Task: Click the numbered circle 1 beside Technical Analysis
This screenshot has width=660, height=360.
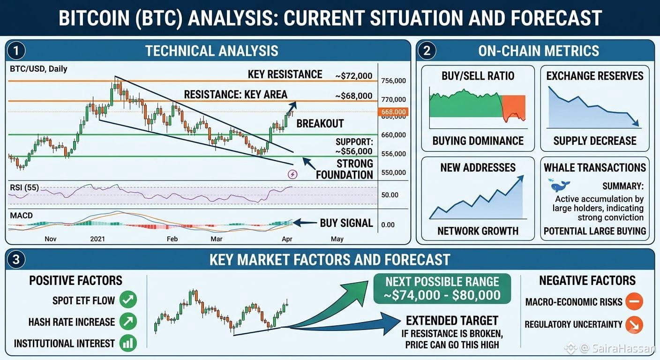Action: (16, 51)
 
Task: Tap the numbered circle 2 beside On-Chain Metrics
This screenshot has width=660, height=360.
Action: (427, 51)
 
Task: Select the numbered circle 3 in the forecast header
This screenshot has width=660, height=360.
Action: (16, 260)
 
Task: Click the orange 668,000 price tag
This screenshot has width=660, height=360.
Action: (393, 112)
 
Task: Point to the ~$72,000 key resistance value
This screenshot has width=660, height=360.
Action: (353, 76)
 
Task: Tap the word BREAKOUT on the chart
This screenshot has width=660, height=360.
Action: (320, 123)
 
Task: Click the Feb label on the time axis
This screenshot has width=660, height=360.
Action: (172, 239)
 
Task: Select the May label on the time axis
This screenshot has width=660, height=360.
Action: (337, 239)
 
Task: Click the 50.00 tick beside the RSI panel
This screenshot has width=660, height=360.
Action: (390, 195)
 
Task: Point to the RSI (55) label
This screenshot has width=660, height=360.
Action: (24, 187)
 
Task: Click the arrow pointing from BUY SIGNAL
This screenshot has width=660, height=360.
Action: (304, 223)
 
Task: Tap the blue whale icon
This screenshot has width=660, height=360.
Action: (560, 186)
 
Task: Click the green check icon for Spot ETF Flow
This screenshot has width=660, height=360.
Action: (128, 300)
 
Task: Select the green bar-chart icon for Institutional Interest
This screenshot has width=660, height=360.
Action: (128, 343)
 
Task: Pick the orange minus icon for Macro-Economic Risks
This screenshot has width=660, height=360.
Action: (634, 301)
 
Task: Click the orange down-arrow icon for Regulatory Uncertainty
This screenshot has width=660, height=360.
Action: (634, 325)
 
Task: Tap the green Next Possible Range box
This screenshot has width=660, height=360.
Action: (442, 289)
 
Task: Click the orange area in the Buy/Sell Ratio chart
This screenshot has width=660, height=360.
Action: (514, 105)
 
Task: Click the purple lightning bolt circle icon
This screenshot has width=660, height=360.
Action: (292, 174)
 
